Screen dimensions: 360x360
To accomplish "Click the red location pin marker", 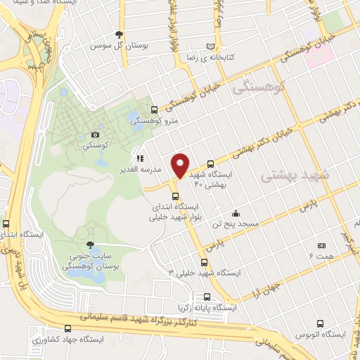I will pos(181,165).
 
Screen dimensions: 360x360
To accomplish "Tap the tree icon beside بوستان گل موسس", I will pos(120,34).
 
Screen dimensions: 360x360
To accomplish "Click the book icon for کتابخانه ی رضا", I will pos(211,46).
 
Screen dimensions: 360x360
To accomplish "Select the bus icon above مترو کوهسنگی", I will pos(155,109).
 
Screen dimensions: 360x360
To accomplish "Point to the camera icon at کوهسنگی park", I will pos(96,134).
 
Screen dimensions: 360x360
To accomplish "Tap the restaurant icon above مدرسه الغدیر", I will pos(141,158).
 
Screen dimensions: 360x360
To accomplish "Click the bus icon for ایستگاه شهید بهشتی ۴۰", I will pos(211,162).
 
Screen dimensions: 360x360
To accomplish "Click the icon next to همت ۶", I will pos(321,246).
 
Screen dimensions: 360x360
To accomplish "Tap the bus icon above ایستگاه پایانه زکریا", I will pos(207,297).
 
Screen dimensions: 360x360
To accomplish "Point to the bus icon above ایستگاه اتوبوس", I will pos(321,324).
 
